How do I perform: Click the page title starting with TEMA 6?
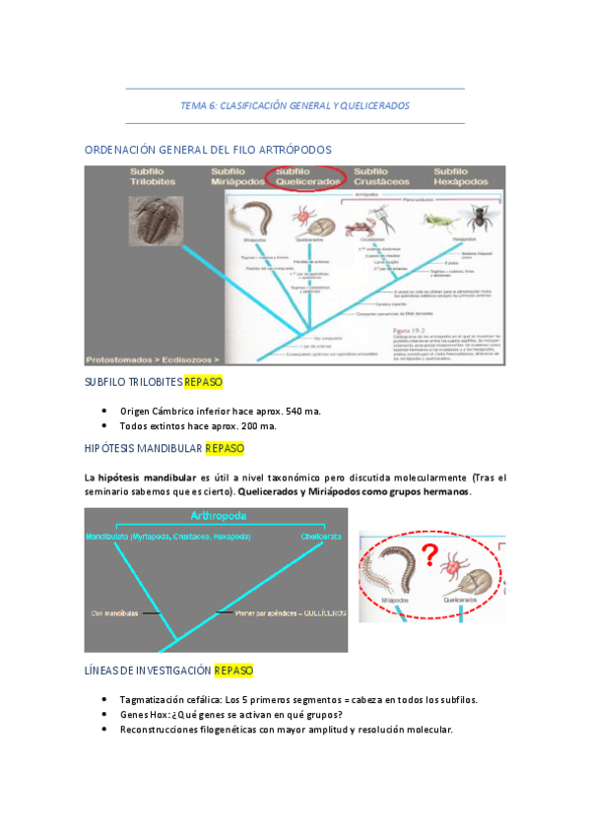click(295, 105)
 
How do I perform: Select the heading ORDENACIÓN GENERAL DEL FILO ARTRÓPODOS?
click(208, 150)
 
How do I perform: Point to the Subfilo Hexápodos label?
click(461, 176)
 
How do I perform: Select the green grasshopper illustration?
click(432, 219)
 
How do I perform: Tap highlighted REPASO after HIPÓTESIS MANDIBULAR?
click(225, 449)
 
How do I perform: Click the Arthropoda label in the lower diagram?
click(217, 516)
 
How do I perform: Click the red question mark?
click(428, 552)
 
